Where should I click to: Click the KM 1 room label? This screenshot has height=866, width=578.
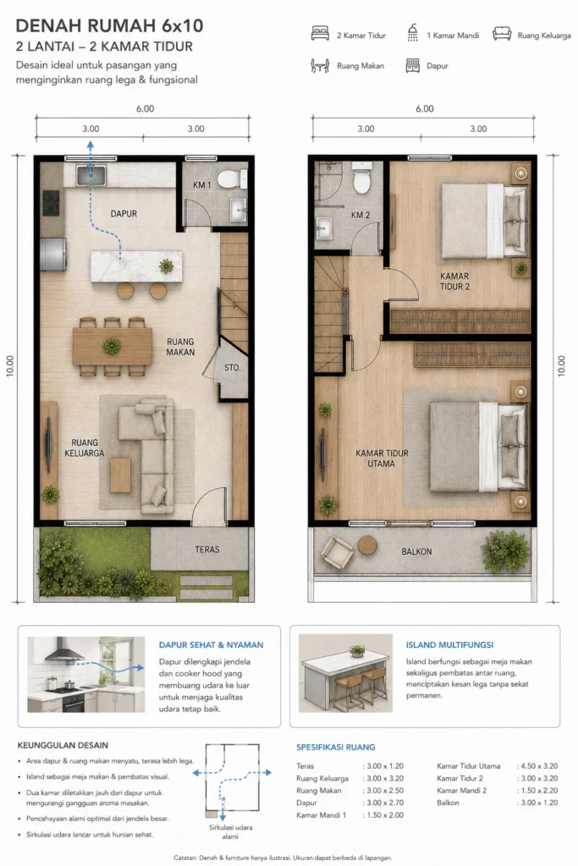click(x=201, y=185)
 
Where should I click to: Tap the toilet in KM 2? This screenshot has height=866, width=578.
click(x=361, y=177)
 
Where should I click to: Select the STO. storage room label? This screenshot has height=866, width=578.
click(x=232, y=367)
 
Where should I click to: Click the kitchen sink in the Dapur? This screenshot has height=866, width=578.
click(x=91, y=175)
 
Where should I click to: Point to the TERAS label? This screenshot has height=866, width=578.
click(x=207, y=550)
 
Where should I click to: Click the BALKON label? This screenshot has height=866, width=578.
click(x=416, y=551)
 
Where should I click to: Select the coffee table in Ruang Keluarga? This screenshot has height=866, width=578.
click(x=120, y=475)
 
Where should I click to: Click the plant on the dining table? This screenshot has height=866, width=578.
click(x=112, y=346)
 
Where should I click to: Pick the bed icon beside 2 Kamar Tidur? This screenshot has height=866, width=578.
click(x=320, y=34)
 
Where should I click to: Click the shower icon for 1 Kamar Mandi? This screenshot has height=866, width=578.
click(x=412, y=33)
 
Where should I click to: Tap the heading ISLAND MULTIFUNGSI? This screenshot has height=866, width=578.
click(x=450, y=644)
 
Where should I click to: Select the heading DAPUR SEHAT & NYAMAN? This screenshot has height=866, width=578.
click(x=211, y=644)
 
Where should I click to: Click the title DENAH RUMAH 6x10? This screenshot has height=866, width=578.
click(x=109, y=25)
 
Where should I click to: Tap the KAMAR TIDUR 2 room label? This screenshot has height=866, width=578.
click(x=454, y=281)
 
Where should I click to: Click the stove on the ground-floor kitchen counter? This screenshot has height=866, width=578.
click(x=52, y=203)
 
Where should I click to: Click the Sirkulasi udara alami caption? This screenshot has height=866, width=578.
click(x=230, y=832)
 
